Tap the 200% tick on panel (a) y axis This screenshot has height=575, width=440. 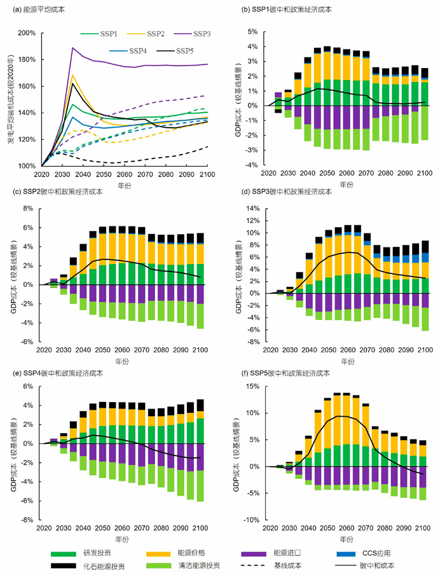pyautogui.click(x=27, y=33)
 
